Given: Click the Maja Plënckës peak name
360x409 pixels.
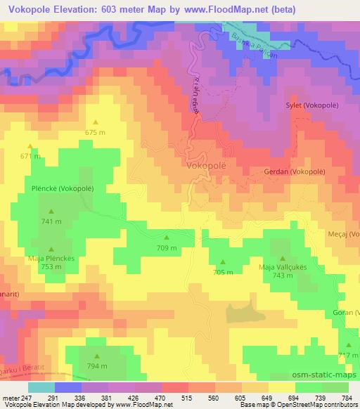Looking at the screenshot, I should (x=51, y=258).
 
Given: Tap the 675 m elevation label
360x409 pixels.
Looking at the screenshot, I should (x=95, y=132).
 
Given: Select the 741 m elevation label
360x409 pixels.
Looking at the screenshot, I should (x=51, y=221).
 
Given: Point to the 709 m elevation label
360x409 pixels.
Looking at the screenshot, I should (x=167, y=247).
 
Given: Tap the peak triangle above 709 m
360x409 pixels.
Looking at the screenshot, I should (x=167, y=238).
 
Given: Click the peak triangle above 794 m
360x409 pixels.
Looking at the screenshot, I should (x=98, y=356).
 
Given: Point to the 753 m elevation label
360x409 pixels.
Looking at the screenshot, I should (x=51, y=267).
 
